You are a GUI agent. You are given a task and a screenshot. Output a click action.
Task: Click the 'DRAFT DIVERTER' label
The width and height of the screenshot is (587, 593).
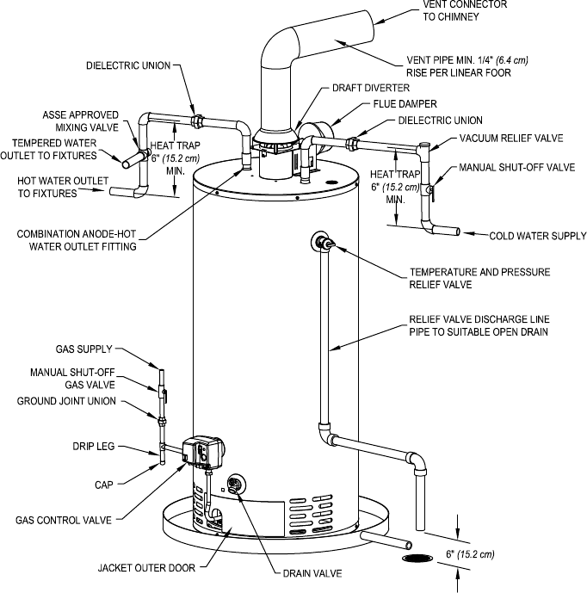[371, 88]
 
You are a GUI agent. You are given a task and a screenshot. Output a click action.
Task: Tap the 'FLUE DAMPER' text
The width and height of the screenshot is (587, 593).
[405, 104]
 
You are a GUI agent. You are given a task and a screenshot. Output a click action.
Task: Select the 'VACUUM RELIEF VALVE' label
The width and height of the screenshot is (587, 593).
[511, 139]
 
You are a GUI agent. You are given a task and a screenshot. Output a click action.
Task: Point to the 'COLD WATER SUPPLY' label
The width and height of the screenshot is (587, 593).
[537, 237]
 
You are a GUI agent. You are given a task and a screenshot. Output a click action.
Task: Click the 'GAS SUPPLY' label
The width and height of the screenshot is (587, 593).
[84, 349]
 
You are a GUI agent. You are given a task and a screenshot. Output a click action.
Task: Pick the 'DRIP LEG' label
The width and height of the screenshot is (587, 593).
[94, 447]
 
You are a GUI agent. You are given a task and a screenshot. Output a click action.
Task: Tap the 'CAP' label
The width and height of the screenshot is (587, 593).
[104, 485]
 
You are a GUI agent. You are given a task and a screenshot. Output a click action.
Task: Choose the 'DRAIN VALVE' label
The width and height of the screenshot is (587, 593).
[312, 574]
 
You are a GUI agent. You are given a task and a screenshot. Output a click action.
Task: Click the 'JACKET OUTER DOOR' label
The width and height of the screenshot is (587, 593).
[146, 568]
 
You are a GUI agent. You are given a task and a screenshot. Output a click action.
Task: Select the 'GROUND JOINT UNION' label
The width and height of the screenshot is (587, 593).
[66, 401]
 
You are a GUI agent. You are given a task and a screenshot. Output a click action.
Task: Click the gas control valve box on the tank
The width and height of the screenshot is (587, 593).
[202, 452]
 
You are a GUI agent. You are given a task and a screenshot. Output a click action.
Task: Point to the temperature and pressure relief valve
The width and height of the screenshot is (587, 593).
[323, 242]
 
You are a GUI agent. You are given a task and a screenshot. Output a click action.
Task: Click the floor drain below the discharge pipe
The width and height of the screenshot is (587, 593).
[417, 558]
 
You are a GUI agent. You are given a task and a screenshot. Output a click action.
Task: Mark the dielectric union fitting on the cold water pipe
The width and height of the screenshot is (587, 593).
[353, 144]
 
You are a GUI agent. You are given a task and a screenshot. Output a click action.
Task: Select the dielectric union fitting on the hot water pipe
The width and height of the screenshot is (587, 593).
[197, 121]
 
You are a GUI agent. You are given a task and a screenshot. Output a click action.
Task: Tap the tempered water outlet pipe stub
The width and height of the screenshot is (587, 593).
[133, 159]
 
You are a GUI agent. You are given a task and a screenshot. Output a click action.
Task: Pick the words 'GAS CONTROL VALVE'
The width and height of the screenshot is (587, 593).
[64, 521]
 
